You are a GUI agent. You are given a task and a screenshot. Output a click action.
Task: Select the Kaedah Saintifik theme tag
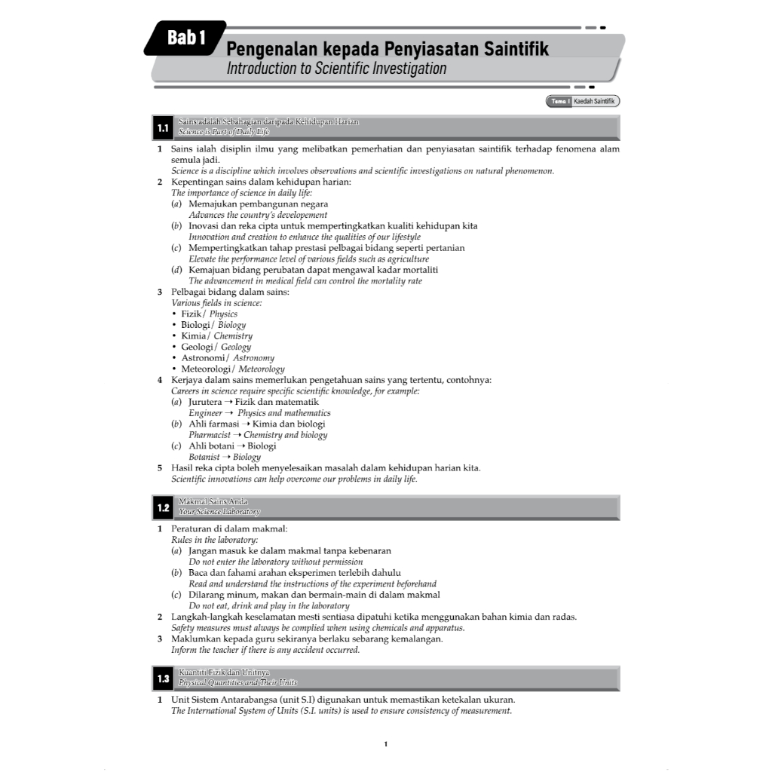tap(593, 101)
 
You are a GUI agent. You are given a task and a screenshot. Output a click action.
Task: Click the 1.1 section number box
tap(163, 127)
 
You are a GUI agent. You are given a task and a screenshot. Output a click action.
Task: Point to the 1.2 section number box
tap(163, 507)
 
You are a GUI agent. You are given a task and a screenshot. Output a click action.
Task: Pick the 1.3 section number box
tap(163, 679)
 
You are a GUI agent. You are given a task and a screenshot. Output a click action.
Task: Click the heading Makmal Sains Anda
tap(213, 501)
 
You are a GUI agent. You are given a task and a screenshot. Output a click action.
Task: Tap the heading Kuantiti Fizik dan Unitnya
tap(224, 672)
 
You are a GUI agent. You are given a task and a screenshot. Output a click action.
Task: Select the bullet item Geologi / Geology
tap(216, 347)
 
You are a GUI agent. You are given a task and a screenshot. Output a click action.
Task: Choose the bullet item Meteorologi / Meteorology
tap(232, 369)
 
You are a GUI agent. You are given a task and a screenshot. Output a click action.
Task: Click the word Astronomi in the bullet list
tap(203, 358)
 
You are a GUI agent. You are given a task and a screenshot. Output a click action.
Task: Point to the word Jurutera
tap(205, 402)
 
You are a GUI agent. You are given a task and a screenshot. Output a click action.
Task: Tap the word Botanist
tap(204, 457)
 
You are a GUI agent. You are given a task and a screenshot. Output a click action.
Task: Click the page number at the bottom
tap(386, 745)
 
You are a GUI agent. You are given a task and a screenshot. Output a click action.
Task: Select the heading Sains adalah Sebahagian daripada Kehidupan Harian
tap(268, 121)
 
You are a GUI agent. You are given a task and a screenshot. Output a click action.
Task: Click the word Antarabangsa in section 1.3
tap(255, 700)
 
